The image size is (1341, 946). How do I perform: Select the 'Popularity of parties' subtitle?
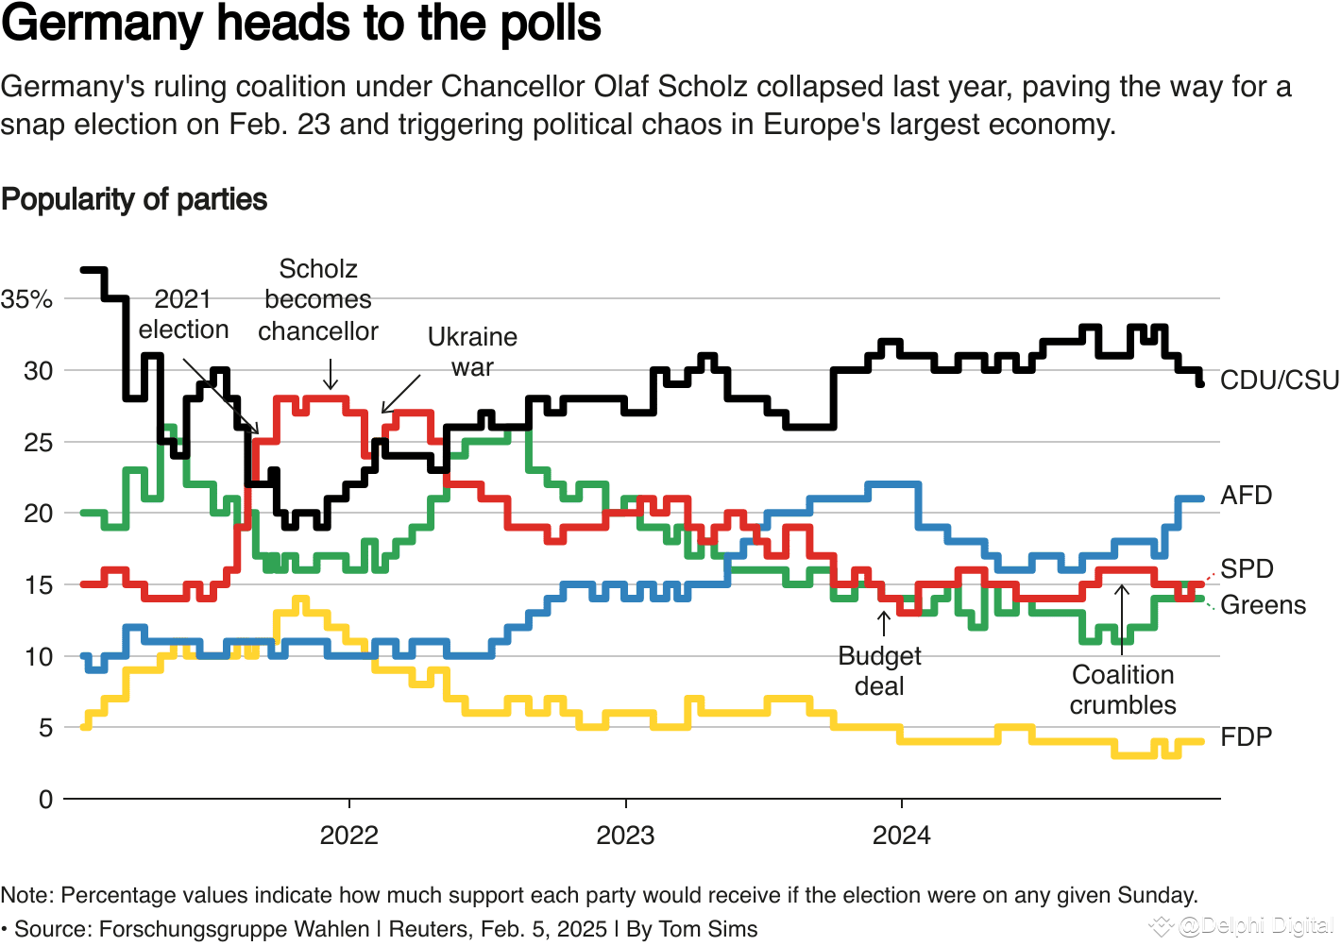[134, 200]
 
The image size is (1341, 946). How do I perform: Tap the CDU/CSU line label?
[1279, 380]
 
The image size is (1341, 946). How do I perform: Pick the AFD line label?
[1246, 496]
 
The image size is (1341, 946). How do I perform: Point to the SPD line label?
[1247, 569]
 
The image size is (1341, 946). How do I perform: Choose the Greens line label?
[1263, 605]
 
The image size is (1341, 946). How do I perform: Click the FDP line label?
[1246, 737]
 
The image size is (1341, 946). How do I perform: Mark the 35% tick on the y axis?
[26, 300]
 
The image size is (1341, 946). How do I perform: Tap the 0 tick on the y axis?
[45, 800]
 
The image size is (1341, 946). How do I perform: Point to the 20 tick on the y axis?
[39, 514]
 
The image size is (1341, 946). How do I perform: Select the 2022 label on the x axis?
[348, 836]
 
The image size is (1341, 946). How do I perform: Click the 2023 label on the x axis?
[625, 836]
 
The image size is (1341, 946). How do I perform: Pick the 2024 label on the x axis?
[901, 836]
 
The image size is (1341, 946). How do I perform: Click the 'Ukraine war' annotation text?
[472, 352]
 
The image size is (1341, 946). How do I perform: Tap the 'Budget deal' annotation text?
[879, 671]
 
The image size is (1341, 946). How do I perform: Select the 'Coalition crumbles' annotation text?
[1123, 690]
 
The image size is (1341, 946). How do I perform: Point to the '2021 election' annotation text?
[183, 314]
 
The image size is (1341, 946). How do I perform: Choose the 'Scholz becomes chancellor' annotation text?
[318, 300]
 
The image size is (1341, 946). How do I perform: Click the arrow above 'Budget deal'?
[884, 623]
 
